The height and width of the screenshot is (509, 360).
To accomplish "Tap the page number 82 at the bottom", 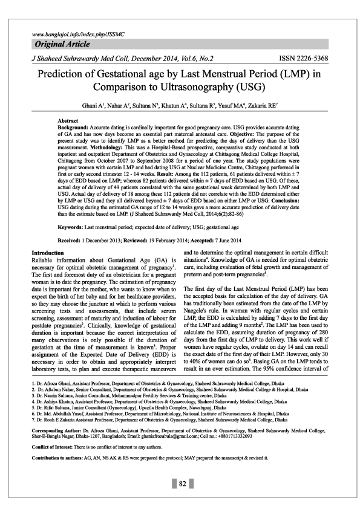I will pyautogui.click(x=180, y=484).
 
